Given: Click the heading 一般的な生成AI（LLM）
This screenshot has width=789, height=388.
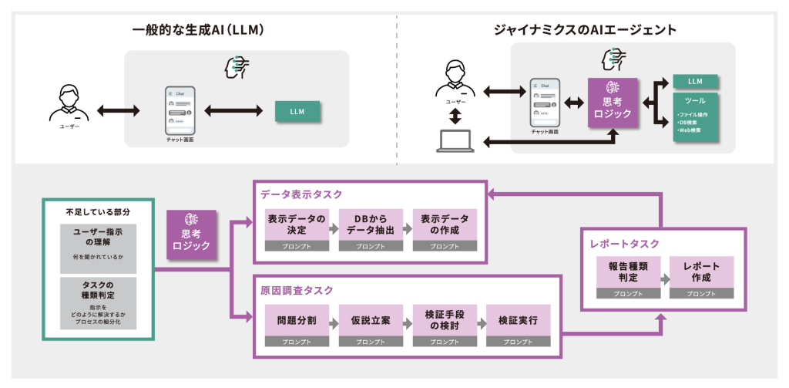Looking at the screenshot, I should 198,31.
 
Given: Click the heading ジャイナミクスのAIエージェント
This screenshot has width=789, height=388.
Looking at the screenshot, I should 586,31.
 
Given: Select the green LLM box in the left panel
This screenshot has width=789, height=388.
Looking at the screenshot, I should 297,111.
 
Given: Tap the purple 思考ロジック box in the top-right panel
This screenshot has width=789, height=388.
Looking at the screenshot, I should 613,101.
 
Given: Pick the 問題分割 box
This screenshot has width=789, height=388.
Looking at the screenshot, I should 297,319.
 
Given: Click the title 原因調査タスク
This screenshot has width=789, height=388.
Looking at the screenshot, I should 297,290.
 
